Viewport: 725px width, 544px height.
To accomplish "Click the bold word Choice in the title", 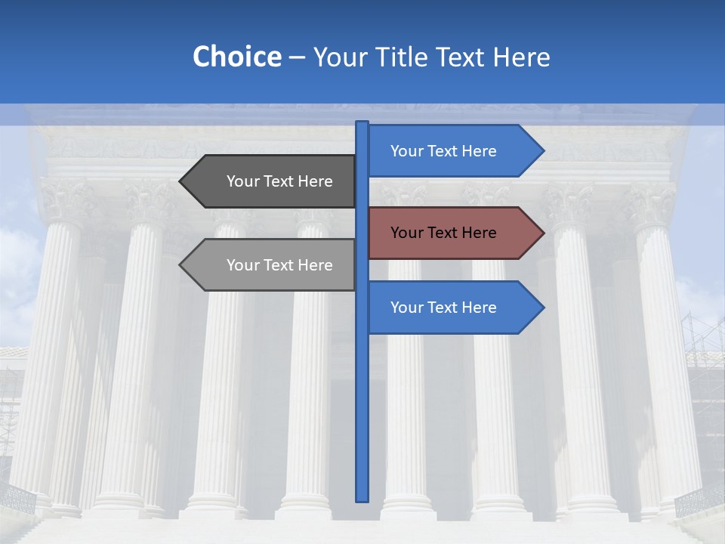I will point(236,57).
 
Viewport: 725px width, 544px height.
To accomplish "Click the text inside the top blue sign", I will point(443,151).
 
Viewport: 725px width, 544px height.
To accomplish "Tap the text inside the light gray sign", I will point(279,265).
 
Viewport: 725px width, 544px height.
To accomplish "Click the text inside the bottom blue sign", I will point(443,308).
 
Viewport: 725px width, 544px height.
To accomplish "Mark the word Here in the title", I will point(521,57).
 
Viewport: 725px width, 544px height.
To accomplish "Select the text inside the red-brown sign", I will point(443,233).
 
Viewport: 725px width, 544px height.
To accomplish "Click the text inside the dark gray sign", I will point(279,181).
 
